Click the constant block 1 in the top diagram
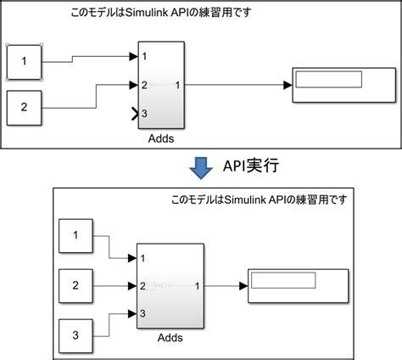(24, 61)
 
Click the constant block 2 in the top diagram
(24, 108)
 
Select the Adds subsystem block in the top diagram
(161, 85)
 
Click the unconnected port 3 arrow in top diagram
(134, 113)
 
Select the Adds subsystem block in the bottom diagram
(170, 286)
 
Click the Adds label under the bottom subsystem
(170, 338)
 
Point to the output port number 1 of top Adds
(177, 85)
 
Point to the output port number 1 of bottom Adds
(198, 286)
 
